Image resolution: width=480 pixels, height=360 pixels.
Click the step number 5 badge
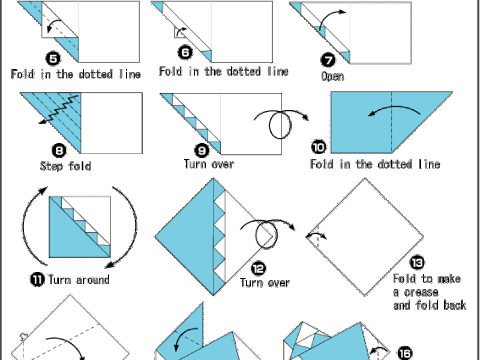[x=53, y=58]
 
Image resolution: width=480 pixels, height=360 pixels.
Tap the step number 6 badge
[x=185, y=52]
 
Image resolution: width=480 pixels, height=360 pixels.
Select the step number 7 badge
[x=328, y=59]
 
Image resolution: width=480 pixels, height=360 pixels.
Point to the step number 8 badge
[x=59, y=151]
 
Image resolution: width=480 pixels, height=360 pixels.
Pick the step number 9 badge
[x=202, y=151]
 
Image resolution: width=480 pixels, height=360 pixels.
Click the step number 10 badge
[x=319, y=147]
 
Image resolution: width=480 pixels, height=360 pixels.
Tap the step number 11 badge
[x=37, y=279]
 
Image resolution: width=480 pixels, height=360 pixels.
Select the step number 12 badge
[x=259, y=268]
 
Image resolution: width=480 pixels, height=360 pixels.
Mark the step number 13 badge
[x=417, y=262]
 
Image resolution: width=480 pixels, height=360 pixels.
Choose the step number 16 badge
[x=404, y=353]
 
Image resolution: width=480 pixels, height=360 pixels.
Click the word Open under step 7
[x=332, y=76]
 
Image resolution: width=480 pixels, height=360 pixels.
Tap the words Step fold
[x=65, y=166]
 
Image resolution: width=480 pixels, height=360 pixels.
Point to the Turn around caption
[x=79, y=280]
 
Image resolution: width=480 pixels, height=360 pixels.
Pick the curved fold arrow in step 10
[x=395, y=107]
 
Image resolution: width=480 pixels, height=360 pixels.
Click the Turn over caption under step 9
[x=209, y=164]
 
